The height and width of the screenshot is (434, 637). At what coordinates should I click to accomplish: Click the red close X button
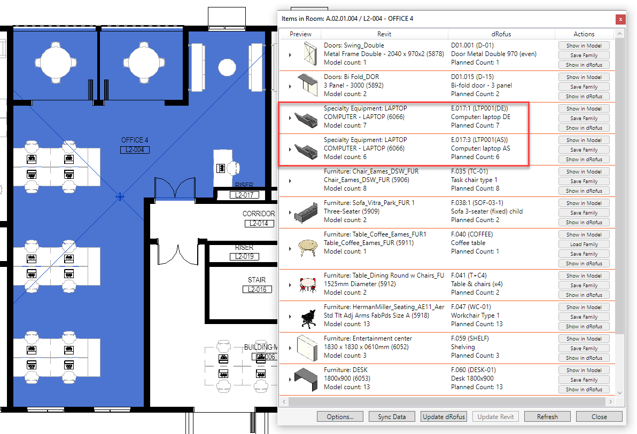(x=620, y=19)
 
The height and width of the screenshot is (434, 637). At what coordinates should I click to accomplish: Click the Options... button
(x=340, y=416)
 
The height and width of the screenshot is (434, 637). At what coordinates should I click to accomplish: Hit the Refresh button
(x=547, y=416)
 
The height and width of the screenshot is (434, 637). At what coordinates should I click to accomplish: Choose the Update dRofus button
(x=444, y=416)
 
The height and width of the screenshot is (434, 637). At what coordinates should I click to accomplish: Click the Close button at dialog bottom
(x=599, y=416)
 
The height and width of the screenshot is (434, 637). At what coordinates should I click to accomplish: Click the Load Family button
(x=584, y=244)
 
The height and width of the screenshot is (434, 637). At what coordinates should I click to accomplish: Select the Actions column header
(x=584, y=34)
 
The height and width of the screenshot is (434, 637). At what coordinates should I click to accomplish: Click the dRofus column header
(x=501, y=34)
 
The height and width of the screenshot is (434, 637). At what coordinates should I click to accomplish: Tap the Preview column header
(x=301, y=34)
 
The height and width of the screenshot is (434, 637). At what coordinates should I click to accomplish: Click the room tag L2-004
(x=135, y=150)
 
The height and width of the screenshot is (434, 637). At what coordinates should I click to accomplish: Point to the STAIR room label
(x=257, y=280)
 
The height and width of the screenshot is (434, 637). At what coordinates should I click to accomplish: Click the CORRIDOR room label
(x=259, y=214)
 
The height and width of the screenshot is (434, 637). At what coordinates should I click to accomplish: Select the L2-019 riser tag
(x=244, y=257)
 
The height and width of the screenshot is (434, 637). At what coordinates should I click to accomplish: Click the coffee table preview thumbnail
(x=307, y=247)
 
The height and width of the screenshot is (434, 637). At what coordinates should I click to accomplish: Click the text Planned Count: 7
(x=475, y=125)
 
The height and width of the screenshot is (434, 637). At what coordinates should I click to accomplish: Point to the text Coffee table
(x=468, y=243)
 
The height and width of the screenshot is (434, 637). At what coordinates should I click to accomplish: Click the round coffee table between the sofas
(x=227, y=67)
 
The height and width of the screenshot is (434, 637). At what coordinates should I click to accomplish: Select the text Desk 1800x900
(x=472, y=378)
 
